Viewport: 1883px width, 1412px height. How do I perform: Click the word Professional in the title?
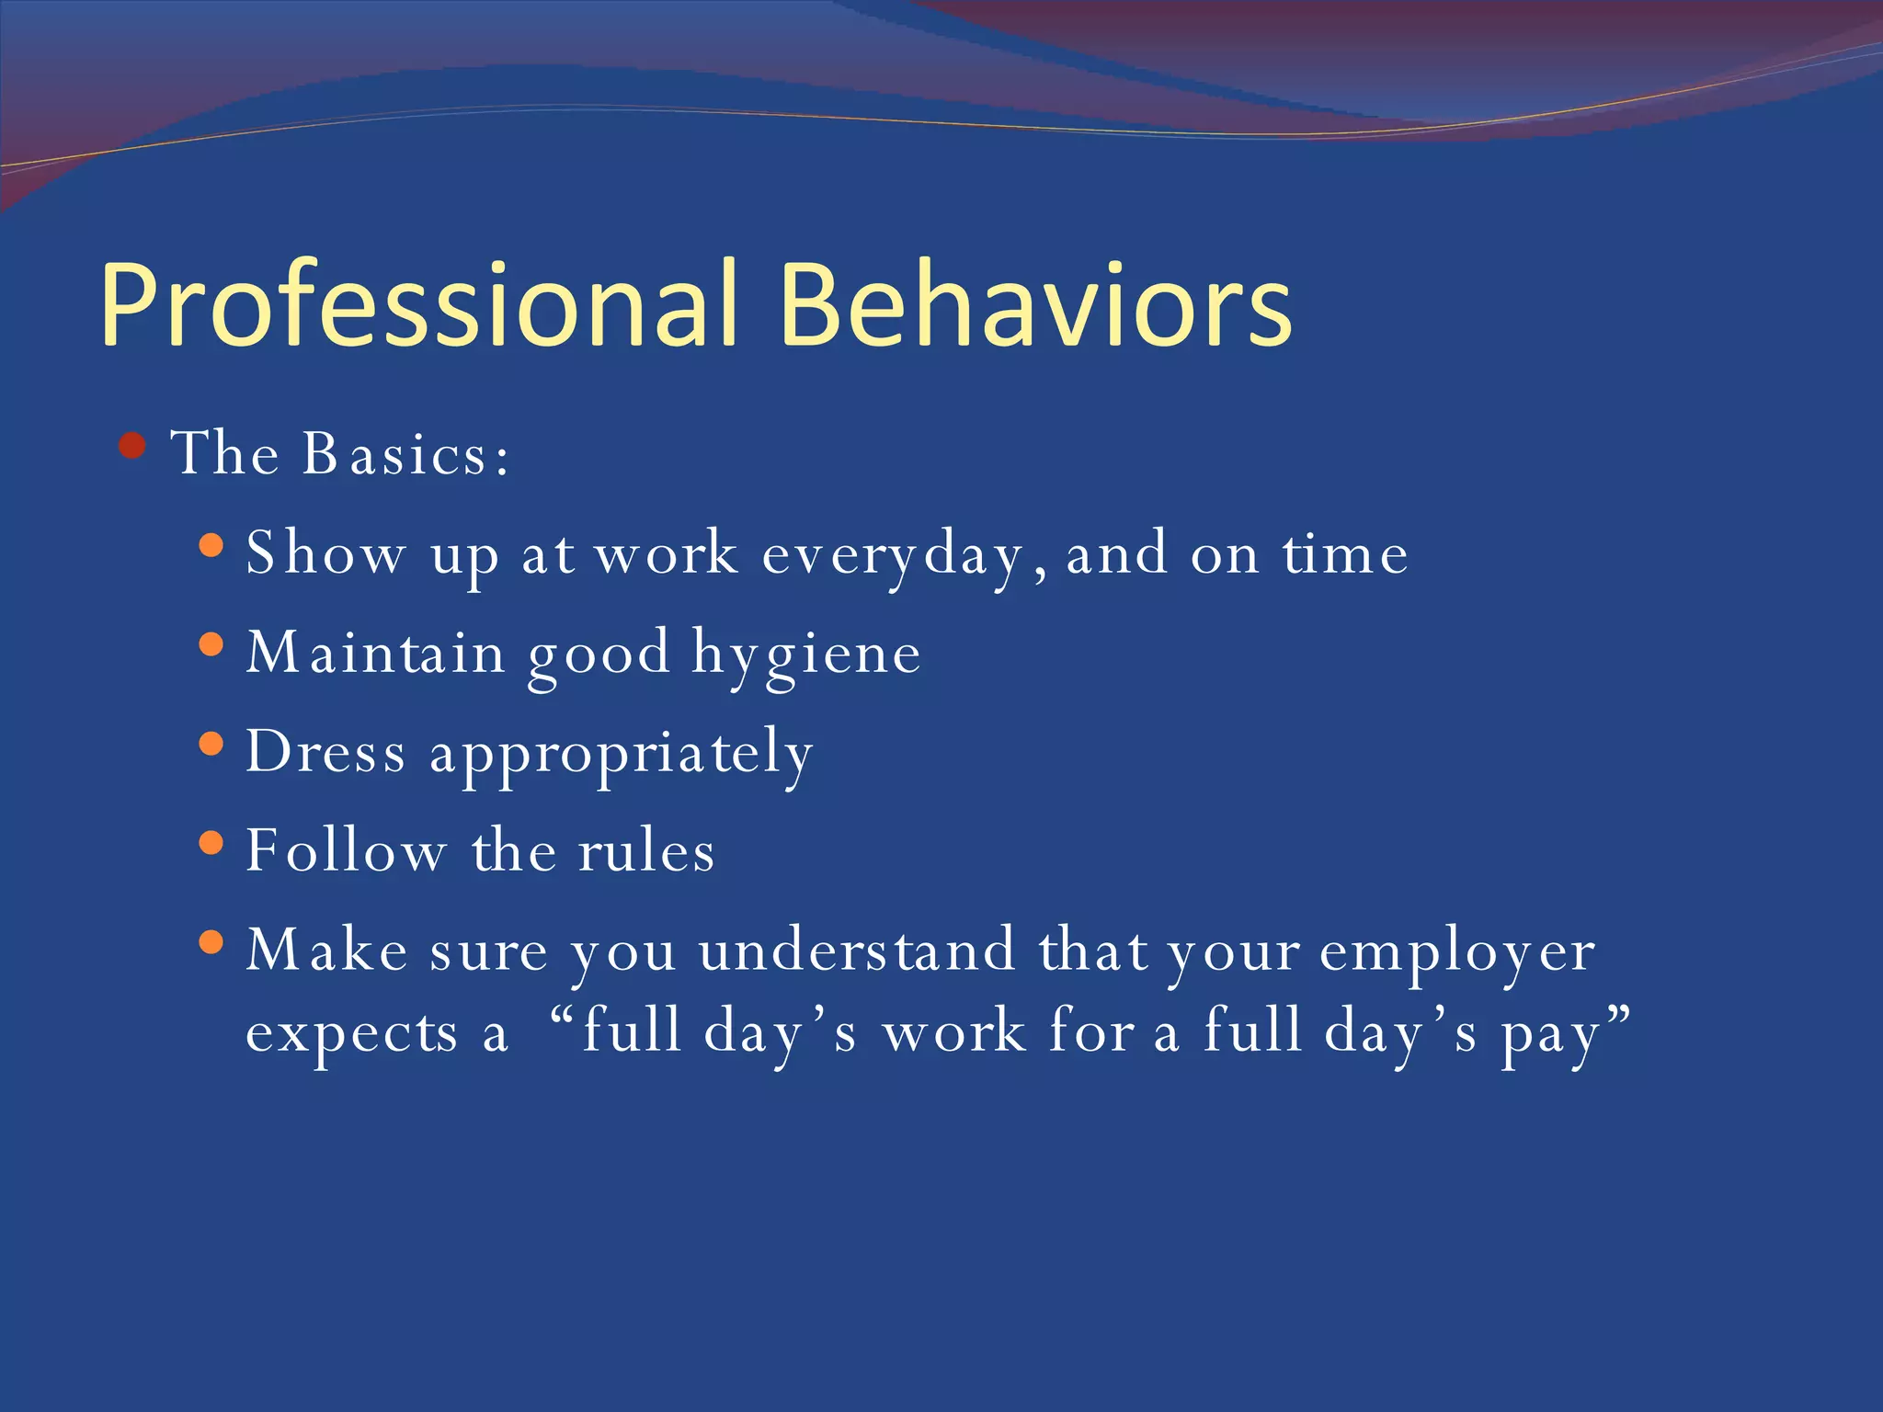418,305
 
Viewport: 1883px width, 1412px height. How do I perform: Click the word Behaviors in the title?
1035,305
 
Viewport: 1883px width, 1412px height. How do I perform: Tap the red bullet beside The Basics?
133,447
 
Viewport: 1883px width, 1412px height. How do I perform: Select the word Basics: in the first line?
405,454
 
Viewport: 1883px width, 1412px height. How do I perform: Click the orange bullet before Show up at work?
211,546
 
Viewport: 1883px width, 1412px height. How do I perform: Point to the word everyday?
904,555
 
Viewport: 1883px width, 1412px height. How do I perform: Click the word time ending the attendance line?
1345,555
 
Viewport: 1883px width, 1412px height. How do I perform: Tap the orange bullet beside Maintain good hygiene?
211,644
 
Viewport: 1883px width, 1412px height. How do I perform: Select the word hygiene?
805,655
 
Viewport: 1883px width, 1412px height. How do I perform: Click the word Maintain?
375,653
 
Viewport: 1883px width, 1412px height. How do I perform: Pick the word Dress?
325,752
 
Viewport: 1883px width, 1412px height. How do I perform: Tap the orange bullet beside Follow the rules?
211,842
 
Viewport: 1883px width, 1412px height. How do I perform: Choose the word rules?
645,851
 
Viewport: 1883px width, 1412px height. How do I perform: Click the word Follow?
346,851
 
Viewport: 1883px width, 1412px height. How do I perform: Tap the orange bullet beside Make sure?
211,941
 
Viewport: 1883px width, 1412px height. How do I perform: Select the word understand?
857,951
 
